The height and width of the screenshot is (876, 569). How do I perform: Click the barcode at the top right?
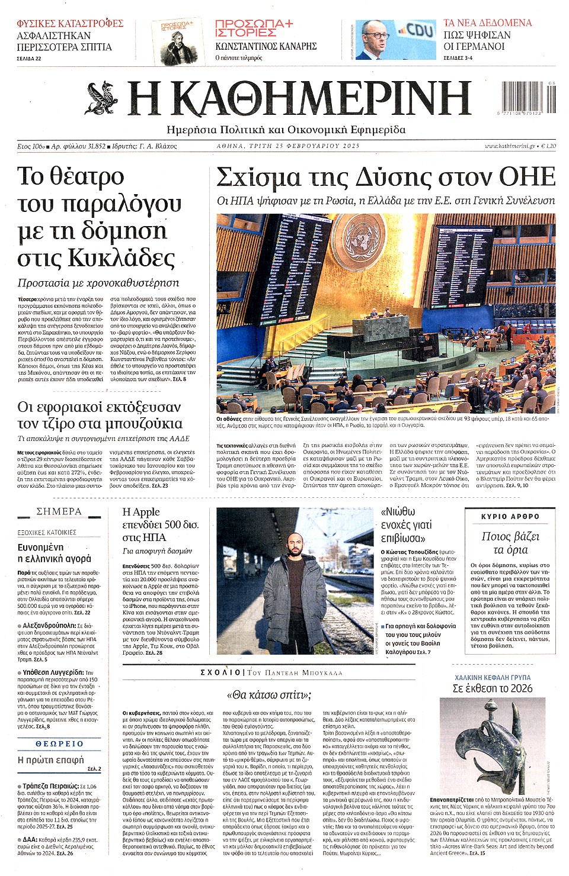coord(529,96)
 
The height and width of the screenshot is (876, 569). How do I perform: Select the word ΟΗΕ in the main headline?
coord(527,177)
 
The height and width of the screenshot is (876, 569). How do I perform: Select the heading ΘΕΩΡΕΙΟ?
coord(59,743)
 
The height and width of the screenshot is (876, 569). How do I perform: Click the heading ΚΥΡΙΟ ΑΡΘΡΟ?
coord(510,516)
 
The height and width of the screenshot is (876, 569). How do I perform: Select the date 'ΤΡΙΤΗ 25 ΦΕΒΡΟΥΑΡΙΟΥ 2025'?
coord(317,146)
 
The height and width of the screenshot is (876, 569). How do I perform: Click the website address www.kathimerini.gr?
coord(510,146)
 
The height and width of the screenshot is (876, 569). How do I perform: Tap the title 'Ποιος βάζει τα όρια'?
coord(510,543)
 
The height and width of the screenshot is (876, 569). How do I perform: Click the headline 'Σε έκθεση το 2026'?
coord(493,688)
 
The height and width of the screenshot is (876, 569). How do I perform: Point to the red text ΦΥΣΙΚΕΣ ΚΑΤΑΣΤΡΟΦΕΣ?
coord(70,23)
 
